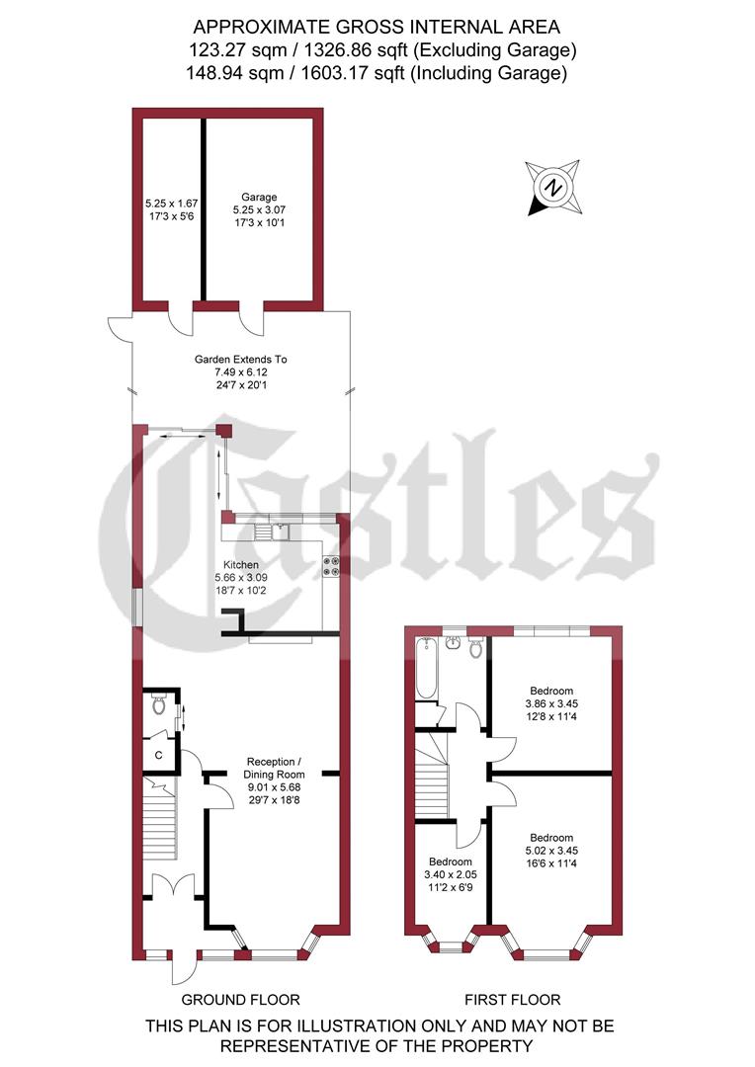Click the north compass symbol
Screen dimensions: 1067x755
(x=554, y=186)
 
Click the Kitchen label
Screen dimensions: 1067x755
(x=241, y=564)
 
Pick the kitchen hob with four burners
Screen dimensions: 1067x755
(x=330, y=566)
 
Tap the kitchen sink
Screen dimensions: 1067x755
(x=271, y=533)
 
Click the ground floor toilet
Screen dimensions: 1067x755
(x=160, y=705)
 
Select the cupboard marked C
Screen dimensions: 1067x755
(x=157, y=756)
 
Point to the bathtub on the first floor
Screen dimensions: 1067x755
(x=426, y=667)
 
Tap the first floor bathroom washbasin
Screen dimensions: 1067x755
(x=454, y=643)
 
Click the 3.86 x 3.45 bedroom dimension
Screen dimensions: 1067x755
(x=551, y=704)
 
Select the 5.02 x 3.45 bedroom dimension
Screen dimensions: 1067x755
(x=551, y=847)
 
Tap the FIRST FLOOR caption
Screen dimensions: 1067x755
(x=512, y=1000)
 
